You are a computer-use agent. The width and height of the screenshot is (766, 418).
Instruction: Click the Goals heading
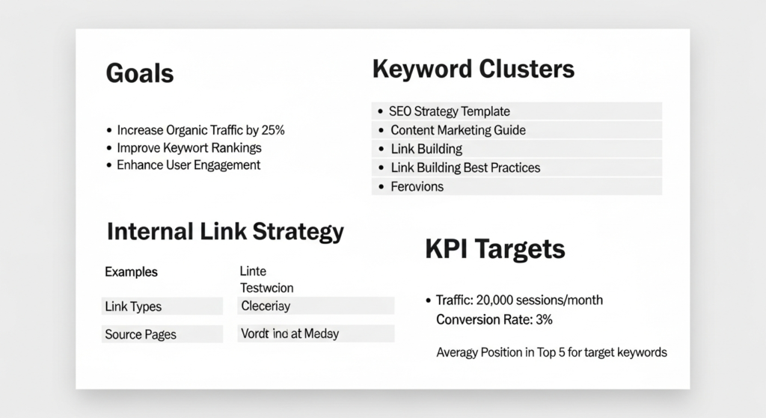tap(140, 73)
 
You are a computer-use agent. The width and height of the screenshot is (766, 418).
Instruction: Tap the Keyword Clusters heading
tap(473, 70)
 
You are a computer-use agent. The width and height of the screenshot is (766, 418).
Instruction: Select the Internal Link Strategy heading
tap(225, 231)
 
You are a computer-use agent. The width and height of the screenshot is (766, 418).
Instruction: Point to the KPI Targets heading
tap(494, 249)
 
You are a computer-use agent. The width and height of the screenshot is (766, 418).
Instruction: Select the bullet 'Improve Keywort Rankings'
tap(189, 147)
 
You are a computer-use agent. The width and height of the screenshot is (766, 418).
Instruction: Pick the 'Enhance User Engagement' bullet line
tap(189, 165)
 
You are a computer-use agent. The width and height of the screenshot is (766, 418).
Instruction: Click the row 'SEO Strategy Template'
tap(449, 111)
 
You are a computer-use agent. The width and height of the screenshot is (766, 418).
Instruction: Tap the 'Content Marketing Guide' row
tap(458, 130)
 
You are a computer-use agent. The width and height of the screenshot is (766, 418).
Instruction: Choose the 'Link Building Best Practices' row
tap(465, 167)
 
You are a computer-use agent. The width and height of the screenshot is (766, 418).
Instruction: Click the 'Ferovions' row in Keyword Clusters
tap(417, 186)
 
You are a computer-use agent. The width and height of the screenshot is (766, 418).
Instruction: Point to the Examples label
tap(131, 272)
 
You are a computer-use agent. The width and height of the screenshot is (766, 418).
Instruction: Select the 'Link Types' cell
tap(133, 307)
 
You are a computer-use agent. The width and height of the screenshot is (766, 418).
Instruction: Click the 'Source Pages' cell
tap(141, 334)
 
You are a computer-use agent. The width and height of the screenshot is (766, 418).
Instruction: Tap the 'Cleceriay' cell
tap(266, 306)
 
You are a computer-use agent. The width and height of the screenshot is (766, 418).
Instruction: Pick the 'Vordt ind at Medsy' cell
tap(289, 334)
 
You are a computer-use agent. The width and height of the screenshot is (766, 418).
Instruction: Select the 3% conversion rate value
tap(543, 319)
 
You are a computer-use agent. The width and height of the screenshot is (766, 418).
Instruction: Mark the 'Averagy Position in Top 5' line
tap(551, 351)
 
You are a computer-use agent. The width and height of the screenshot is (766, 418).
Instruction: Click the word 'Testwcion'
tap(266, 288)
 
